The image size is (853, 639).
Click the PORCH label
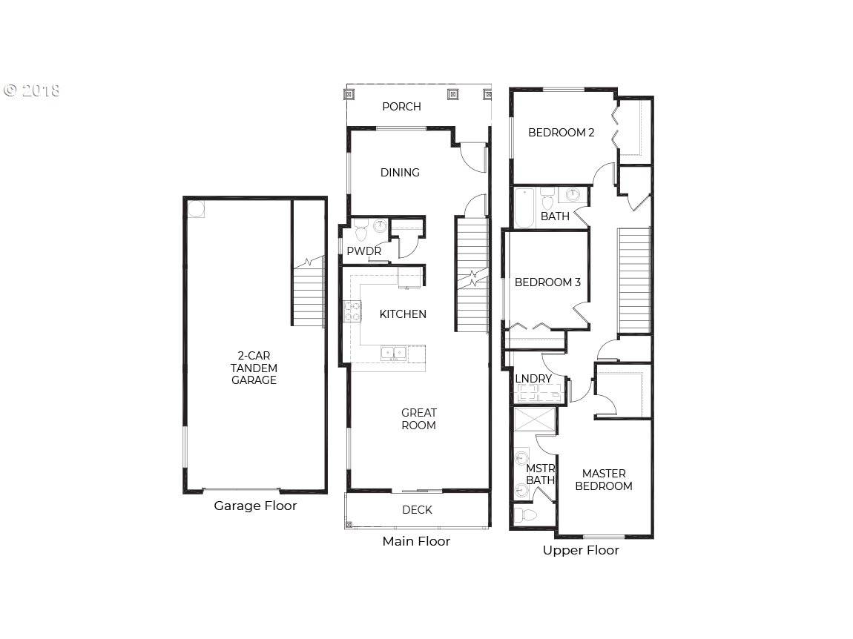(401, 107)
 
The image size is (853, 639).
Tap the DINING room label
(400, 173)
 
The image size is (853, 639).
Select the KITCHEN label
(403, 314)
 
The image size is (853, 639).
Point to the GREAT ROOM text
(419, 419)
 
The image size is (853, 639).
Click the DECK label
(418, 509)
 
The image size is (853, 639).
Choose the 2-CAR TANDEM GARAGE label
(254, 368)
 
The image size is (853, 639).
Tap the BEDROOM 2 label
(561, 132)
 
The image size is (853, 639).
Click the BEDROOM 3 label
(547, 282)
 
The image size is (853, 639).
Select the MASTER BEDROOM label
(604, 480)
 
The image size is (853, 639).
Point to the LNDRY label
(533, 379)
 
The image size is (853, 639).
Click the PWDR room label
(364, 251)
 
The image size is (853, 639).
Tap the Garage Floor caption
(255, 506)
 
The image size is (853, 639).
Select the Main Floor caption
(416, 541)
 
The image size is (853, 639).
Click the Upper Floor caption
(581, 550)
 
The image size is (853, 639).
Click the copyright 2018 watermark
(32, 90)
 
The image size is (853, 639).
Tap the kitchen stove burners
(352, 311)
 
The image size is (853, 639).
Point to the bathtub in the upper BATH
(525, 208)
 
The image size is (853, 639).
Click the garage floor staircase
(309, 293)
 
